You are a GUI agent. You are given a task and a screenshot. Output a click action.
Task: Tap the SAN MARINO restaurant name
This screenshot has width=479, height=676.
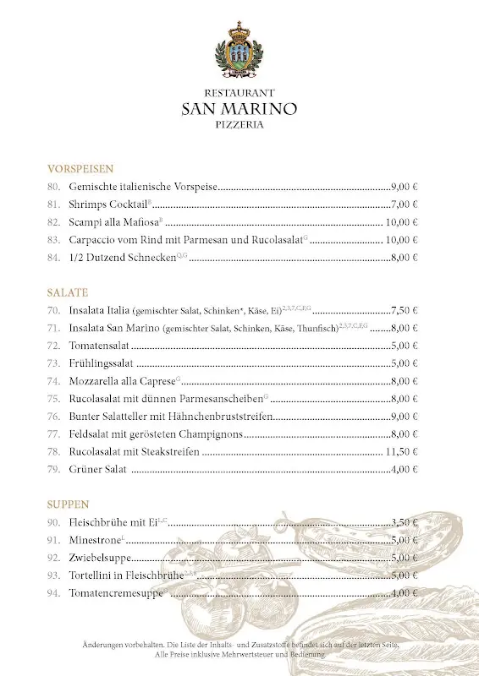tap(239, 108)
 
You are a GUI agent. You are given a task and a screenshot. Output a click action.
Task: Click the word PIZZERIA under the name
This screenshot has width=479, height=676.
tap(239, 124)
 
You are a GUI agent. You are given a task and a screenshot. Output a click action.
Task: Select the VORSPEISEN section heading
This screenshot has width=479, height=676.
tap(80, 169)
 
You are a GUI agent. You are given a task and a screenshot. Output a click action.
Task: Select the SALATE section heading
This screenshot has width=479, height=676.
tap(68, 292)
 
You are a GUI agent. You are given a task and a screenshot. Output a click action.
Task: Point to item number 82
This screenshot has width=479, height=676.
tap(54, 222)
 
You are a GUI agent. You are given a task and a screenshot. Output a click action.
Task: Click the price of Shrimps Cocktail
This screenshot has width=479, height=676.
tap(405, 204)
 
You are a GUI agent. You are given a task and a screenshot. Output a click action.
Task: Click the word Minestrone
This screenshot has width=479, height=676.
tap(95, 540)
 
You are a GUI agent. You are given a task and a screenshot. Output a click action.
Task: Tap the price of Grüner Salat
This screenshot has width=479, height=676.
tap(405, 470)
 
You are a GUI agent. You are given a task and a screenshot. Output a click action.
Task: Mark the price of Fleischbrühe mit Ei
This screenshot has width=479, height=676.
tap(405, 522)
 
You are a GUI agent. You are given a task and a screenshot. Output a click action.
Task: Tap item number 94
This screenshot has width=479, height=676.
tap(54, 593)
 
